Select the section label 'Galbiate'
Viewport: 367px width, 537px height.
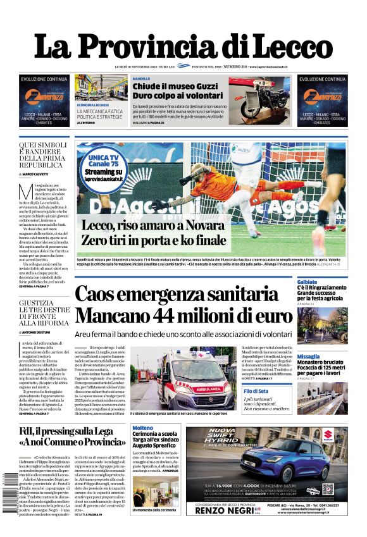coord(307,281)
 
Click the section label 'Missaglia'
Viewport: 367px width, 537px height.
coord(308,357)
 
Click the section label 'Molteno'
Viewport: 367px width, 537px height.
coord(142,429)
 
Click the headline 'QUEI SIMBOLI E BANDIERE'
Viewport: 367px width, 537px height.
coord(44,152)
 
